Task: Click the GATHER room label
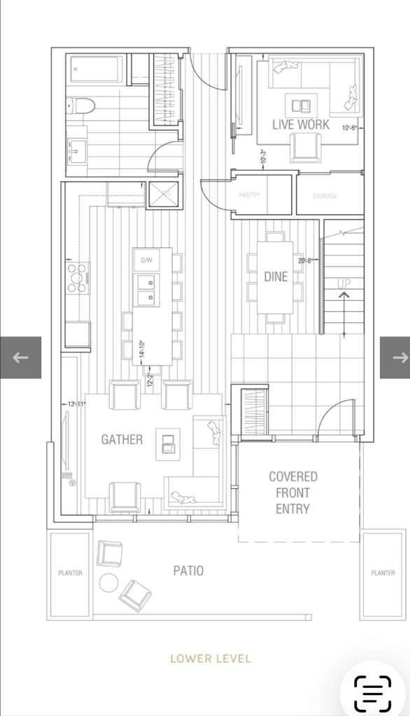(122, 440)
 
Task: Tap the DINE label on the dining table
(276, 277)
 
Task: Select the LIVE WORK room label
(301, 124)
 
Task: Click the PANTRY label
(249, 195)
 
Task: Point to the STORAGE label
(325, 196)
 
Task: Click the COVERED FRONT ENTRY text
(292, 493)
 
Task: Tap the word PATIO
(188, 571)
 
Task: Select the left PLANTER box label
(69, 573)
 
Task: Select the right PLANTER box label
(383, 573)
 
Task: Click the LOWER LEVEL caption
(211, 658)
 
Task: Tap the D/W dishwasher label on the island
(147, 260)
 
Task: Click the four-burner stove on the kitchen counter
(78, 276)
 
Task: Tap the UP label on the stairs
(344, 284)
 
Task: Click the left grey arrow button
(20, 357)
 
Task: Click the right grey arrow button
(395, 357)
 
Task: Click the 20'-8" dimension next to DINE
(305, 261)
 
